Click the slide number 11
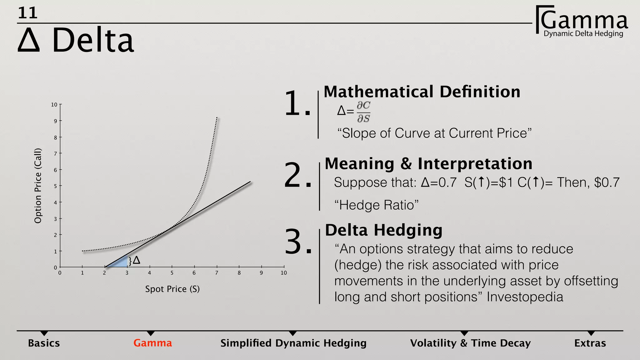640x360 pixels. tap(28, 13)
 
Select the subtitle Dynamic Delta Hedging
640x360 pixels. tap(583, 34)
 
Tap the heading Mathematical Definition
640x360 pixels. tap(422, 92)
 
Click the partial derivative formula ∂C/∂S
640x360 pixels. tap(363, 112)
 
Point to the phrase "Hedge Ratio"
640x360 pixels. tap(376, 205)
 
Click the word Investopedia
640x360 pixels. tap(525, 297)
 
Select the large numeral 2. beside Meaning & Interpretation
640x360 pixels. tap(297, 176)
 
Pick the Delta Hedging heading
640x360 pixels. tap(384, 230)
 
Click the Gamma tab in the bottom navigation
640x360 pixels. tap(152, 343)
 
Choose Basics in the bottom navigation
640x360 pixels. tap(44, 343)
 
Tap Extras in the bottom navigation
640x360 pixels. tap(590, 343)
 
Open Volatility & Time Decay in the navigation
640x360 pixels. tap(470, 343)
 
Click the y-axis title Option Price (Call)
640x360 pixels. tap(38, 186)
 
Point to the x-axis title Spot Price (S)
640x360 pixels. tap(172, 289)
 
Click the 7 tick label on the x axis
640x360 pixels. tap(217, 273)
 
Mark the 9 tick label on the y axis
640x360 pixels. tap(55, 121)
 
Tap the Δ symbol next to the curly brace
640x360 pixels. tap(137, 260)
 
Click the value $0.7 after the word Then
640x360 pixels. tap(607, 182)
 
